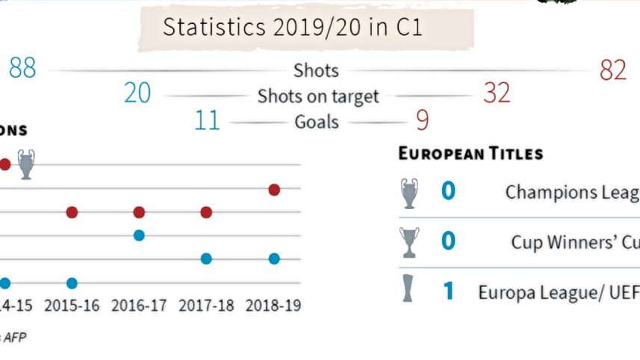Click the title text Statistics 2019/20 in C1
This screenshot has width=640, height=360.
pos(292,28)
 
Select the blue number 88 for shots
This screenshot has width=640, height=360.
pos(22,69)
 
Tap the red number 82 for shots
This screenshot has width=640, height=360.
pos(612,70)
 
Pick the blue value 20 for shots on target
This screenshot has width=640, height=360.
pos(137,93)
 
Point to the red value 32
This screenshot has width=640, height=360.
pos(497,93)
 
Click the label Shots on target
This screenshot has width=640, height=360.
pos(318,96)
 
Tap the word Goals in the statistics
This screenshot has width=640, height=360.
pos(317,122)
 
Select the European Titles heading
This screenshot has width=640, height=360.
pos(470,155)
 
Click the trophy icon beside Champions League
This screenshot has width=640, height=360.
pos(409,193)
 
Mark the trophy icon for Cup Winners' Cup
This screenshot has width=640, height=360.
pos(409,242)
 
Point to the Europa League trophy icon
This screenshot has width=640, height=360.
pos(408,289)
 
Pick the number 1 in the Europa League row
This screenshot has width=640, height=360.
pos(448,291)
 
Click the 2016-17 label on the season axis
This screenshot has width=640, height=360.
pos(138,306)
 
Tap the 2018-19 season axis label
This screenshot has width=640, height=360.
pos(273,306)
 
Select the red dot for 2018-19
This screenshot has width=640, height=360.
pos(274,190)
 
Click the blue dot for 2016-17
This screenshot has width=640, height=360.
pos(139,235)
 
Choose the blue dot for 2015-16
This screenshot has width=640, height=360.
pos(72,283)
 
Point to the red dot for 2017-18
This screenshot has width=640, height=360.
pos(206,213)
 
